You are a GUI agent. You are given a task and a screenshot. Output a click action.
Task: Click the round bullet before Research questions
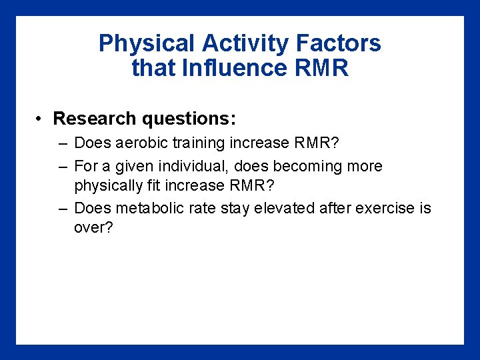tap(41, 119)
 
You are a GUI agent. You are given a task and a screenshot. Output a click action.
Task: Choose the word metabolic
tap(145, 208)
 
